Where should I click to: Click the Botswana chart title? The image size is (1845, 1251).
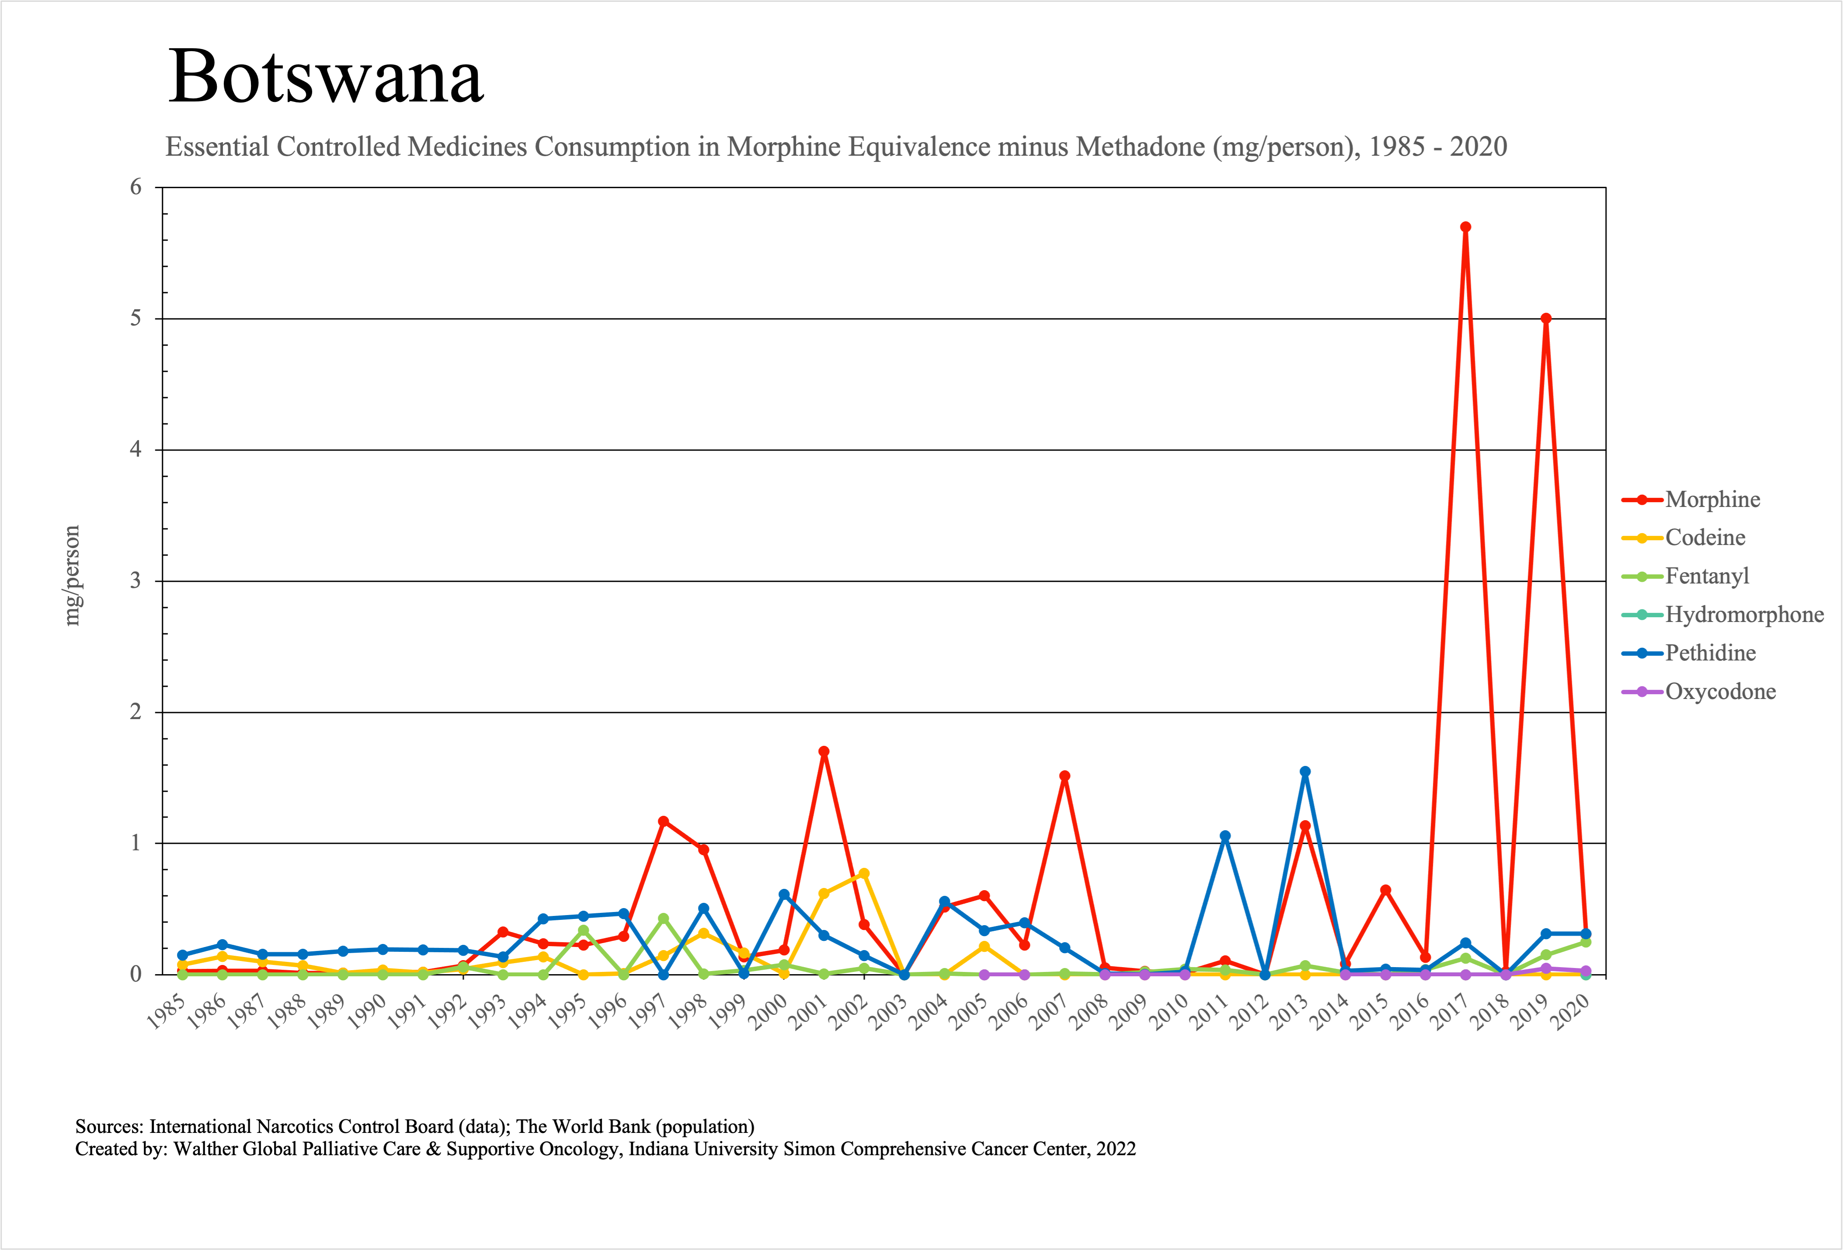pos(326,77)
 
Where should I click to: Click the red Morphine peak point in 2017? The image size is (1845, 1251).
pos(1466,227)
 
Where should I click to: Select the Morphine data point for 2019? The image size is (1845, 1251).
pos(1546,318)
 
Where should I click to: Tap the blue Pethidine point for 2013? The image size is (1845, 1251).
pos(1305,771)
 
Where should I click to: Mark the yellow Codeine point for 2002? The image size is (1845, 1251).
pos(864,874)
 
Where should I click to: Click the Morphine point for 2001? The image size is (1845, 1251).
pos(824,751)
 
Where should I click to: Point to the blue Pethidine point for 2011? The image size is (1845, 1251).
pos(1225,836)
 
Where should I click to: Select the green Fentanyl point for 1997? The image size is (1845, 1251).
pos(664,918)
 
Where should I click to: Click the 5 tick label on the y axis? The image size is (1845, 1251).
pos(136,318)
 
